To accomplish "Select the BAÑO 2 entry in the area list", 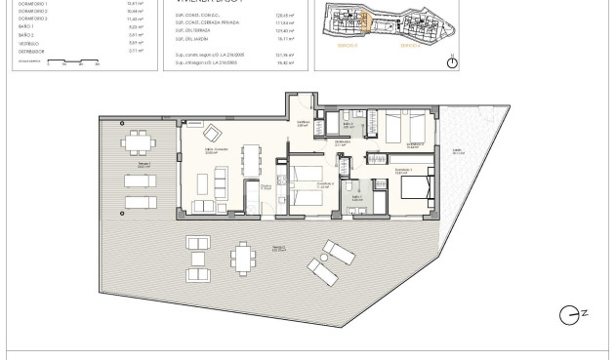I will click(26, 33).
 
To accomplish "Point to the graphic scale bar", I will click(59, 63).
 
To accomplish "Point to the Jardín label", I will click(457, 152).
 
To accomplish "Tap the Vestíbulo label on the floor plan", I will click(303, 125).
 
